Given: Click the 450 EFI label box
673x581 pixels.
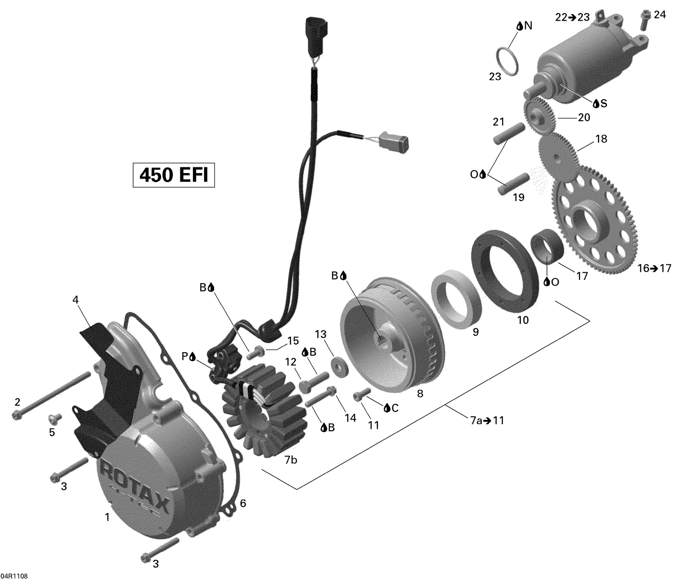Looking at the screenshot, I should (x=174, y=175).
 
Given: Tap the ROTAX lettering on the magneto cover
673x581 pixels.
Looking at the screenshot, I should (x=135, y=487).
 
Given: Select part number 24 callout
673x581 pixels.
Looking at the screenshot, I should (x=660, y=15).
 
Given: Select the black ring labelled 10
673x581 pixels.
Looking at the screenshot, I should (x=505, y=270).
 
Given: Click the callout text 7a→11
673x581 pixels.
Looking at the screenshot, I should (x=487, y=420).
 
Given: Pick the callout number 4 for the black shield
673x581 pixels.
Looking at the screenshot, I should (x=75, y=299).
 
